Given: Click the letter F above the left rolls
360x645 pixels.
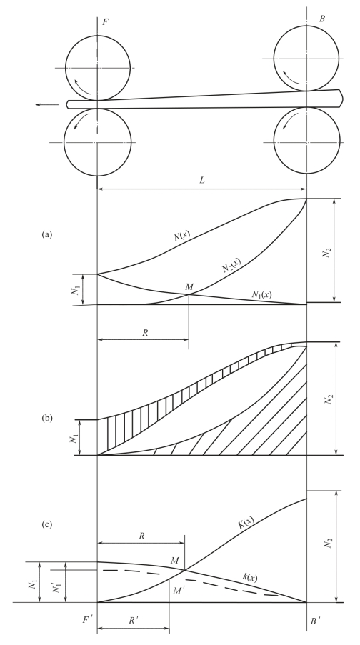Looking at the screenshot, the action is coord(105,22).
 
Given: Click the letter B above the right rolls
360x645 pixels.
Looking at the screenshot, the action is coord(321,19).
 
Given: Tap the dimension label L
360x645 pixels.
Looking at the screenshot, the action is coord(202,180).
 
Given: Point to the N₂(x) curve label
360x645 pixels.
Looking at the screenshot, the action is coord(231,264).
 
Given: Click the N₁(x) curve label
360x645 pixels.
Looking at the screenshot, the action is coord(261,294).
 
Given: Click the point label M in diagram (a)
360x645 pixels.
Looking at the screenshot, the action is coord(189,286).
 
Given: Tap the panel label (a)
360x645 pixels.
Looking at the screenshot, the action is coord(47,234).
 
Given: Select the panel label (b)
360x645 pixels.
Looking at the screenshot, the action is coord(47,419).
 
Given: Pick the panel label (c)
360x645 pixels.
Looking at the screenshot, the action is coord(47,524).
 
